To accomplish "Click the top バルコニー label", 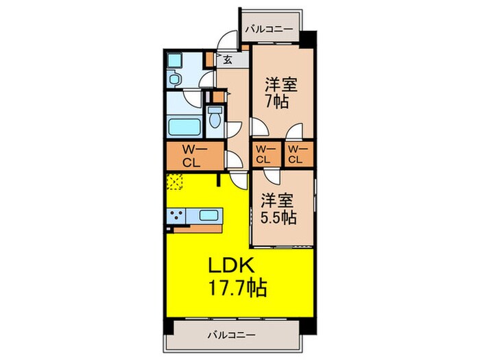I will [270, 29].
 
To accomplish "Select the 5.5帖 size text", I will [277, 219].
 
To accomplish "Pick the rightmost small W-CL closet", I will [296, 156].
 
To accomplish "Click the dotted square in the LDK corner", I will [176, 182].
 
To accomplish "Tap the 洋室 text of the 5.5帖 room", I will [277, 200].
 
